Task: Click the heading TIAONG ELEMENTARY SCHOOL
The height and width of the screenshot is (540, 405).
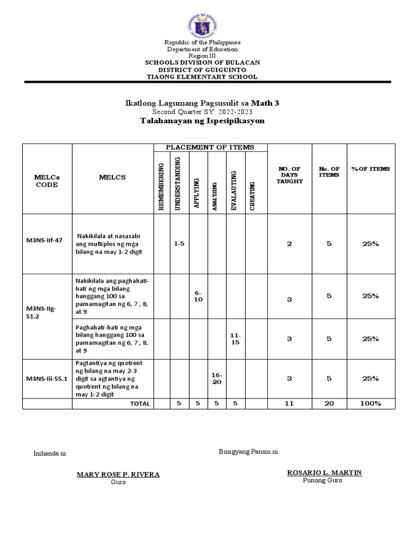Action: coord(202,77)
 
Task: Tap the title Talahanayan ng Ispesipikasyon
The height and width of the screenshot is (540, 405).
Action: coord(202,121)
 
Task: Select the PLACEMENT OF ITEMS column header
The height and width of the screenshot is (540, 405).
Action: coord(210,148)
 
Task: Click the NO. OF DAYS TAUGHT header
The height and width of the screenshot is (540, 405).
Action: coord(290,175)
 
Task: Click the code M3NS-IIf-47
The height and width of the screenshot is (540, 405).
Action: coord(44,240)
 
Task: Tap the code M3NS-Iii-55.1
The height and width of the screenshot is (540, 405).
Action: coord(47,378)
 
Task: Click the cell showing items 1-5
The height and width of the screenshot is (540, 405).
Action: coord(179,244)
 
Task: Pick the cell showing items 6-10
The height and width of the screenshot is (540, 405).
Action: coord(198,296)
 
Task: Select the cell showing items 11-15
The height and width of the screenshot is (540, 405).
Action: coord(236,339)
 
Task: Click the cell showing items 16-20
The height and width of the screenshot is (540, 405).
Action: coord(217,378)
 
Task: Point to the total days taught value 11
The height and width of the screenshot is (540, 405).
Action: coord(290,403)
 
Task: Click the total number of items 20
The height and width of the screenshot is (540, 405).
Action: coord(329,403)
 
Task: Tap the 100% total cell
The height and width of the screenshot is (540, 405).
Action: coord(371,403)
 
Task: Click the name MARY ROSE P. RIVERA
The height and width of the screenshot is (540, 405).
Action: coord(118,474)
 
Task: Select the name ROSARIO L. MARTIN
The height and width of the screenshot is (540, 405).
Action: coord(324,472)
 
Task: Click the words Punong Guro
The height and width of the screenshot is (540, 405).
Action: coord(323,480)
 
